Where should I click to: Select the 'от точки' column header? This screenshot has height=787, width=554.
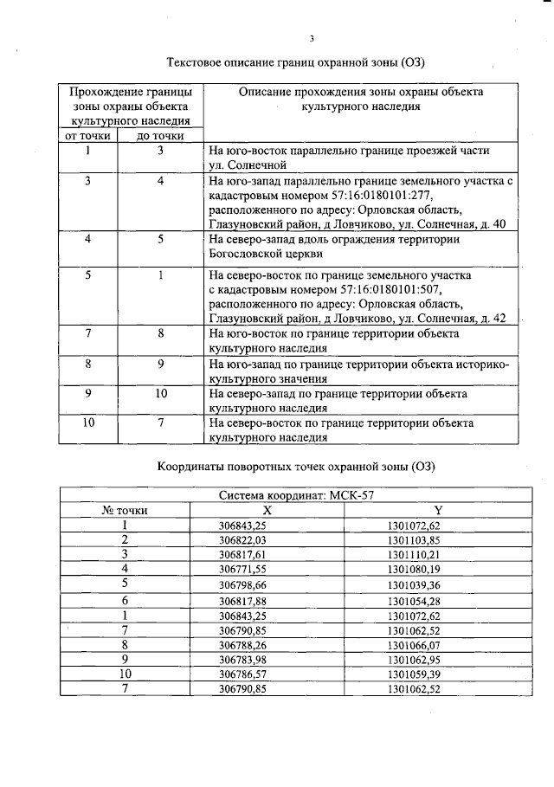coord(85,135)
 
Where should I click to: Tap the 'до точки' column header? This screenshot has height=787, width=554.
coord(161,135)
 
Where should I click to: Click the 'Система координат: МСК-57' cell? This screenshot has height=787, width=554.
coord(295,496)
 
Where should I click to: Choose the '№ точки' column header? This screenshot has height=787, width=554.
coord(125,511)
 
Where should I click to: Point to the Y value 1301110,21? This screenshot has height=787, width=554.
coord(415,554)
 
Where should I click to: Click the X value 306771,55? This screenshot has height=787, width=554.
coord(242,569)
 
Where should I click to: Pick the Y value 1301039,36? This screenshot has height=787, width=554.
coord(415,584)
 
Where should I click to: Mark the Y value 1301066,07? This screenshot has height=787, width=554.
coord(415,645)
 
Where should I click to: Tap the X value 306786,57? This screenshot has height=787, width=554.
coord(242,674)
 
